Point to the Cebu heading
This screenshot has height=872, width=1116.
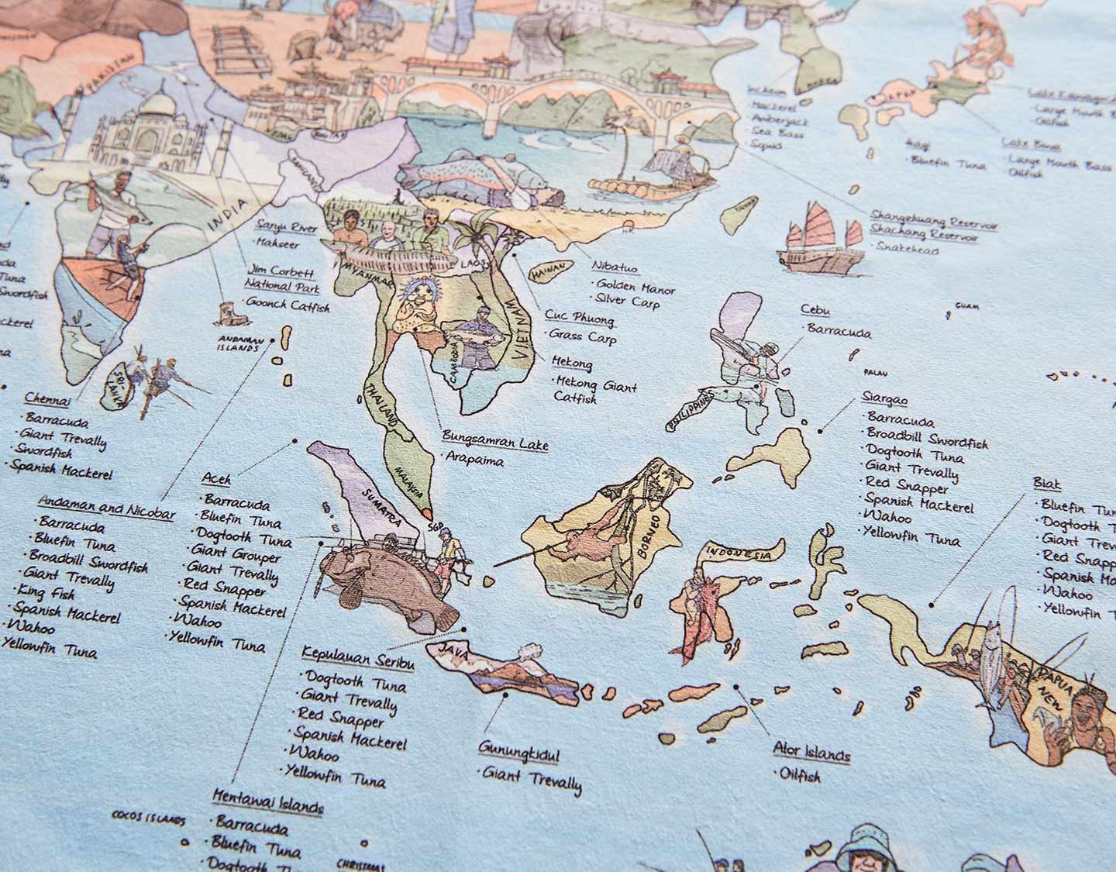815,311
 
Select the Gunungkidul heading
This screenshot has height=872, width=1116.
518,752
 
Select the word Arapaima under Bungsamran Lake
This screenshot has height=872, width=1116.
474,460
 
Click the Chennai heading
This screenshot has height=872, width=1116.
47,400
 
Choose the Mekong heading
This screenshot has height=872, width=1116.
573,363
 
